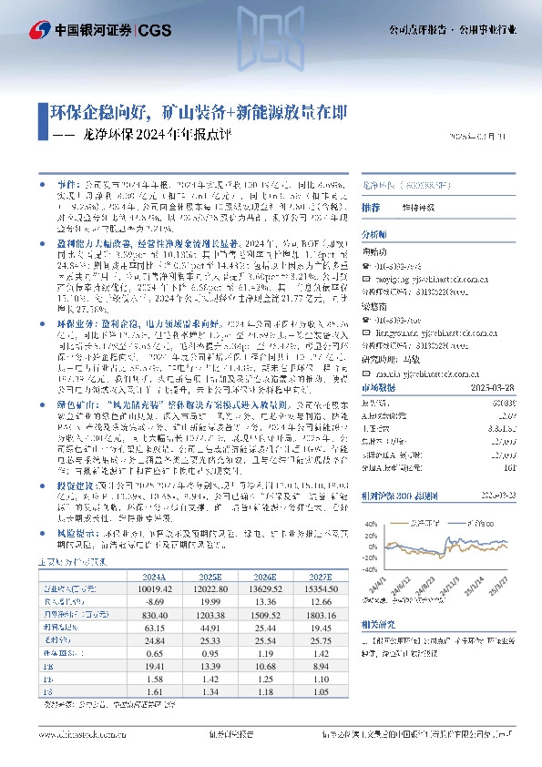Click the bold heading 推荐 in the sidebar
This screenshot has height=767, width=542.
[371, 209]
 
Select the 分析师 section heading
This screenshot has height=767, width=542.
[375, 234]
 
